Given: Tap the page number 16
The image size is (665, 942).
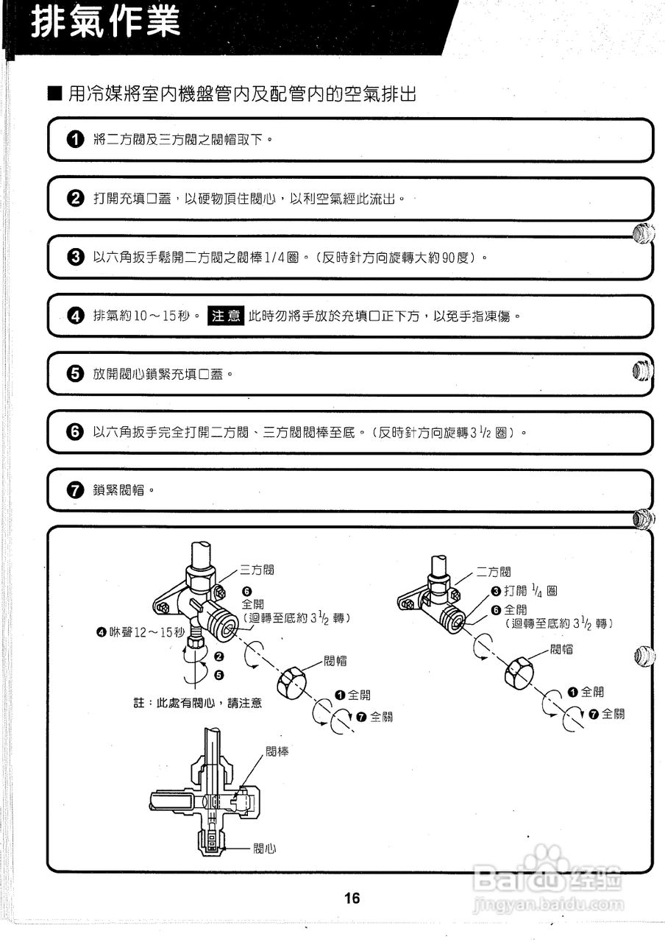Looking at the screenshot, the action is (352, 898).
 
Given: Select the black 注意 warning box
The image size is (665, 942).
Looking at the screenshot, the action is (226, 316).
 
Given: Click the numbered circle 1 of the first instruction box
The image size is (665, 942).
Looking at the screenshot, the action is (75, 140).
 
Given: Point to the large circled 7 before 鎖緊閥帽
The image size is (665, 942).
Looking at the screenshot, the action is (75, 490).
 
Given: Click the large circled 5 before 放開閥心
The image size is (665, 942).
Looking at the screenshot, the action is (75, 374).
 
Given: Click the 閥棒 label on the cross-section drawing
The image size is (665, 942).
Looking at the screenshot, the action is (277, 752).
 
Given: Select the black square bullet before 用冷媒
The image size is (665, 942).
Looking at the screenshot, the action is (55, 94).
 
